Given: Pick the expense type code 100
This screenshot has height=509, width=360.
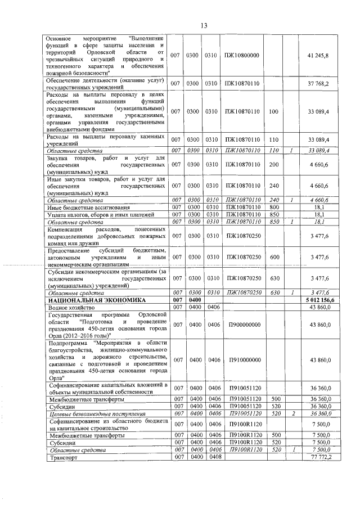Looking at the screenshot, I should pos(274,111).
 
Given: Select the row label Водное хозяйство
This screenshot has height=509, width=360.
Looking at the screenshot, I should pos(67,308).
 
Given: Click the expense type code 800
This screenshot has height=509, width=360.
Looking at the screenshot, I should pos(274,208).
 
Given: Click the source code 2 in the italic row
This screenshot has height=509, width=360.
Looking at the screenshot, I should pos(292,413).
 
